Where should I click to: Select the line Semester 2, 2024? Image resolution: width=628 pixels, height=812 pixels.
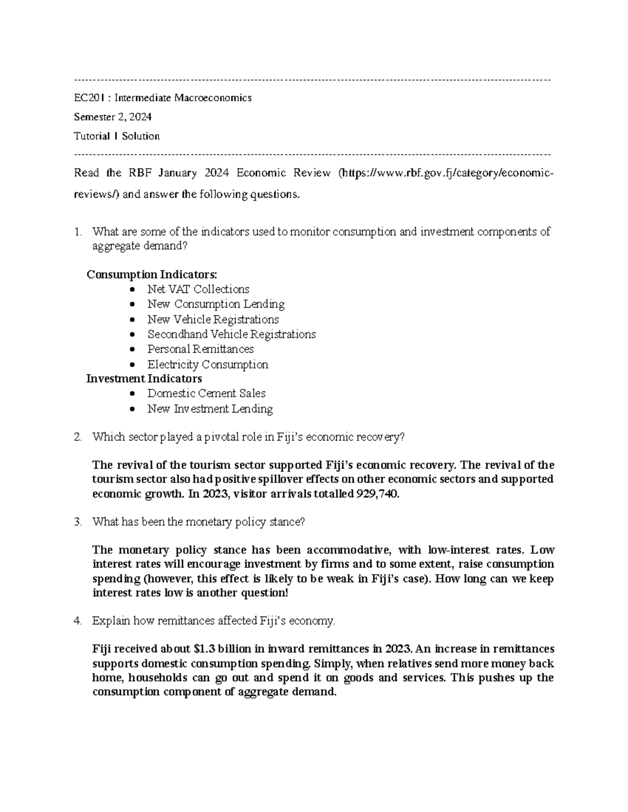tap(113, 117)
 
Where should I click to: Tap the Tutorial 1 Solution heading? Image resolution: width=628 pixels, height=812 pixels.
tap(117, 136)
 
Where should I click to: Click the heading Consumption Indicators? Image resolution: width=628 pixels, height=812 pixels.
tap(151, 275)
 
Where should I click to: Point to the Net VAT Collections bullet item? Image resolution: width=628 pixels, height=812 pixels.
tap(198, 289)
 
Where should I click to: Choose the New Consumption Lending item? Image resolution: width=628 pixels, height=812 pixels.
tap(216, 304)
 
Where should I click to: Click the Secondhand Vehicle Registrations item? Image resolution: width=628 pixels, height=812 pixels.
tap(231, 334)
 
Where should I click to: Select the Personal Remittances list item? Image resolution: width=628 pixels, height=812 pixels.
tap(200, 349)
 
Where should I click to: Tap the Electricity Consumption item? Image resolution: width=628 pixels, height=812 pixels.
tap(207, 364)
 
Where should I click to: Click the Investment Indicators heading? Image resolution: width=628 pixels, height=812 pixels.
tap(144, 379)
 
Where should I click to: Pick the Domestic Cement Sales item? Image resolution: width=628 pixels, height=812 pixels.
tap(206, 393)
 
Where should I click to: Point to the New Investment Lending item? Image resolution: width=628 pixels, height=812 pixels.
tap(210, 409)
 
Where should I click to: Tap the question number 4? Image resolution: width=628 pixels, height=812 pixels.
tap(77, 621)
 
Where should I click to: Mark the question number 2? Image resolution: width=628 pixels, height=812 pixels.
tap(77, 437)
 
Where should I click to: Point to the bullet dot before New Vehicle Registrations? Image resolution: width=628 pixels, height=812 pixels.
tap(134, 319)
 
